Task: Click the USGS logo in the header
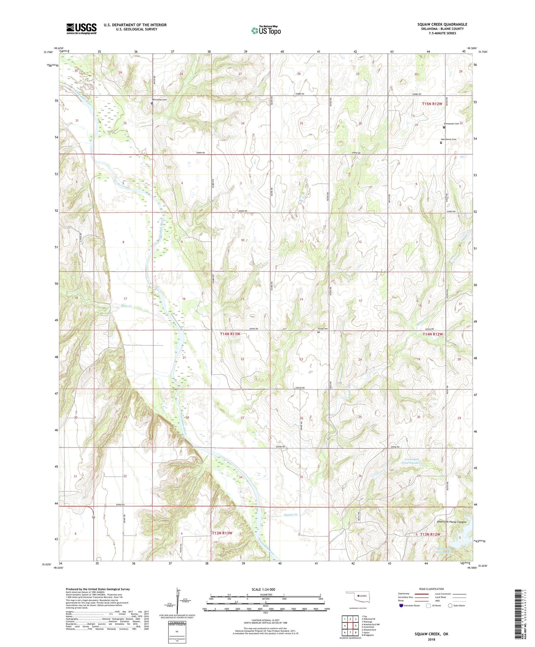(81, 29)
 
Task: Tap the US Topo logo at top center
(266, 30)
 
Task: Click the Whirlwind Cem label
(159, 100)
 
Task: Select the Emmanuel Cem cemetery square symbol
(444, 127)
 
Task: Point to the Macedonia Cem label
(448, 139)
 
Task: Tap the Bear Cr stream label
(117, 306)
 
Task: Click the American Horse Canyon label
(452, 522)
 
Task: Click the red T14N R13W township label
(230, 334)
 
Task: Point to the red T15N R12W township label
(432, 104)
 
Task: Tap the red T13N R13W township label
(222, 533)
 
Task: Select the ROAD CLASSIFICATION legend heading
(432, 589)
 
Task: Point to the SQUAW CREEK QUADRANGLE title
(442, 24)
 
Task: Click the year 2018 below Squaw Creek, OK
(431, 640)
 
